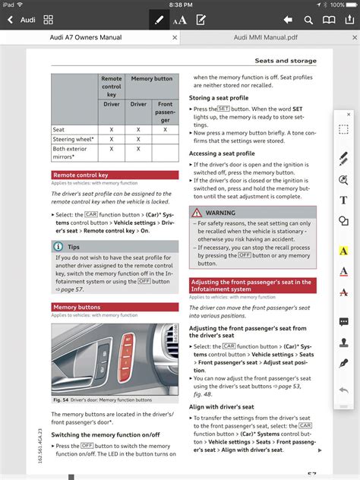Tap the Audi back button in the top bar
tap(21, 19)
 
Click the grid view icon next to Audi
tap(49, 19)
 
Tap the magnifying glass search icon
tap(308, 19)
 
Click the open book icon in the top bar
tap(329, 19)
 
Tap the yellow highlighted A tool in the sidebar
tap(343, 251)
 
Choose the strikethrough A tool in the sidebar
tap(343, 292)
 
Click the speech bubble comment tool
tap(343, 322)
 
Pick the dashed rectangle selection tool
tap(343, 130)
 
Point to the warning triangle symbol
tap(197, 213)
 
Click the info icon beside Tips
tap(58, 247)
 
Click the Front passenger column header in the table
tap(165, 111)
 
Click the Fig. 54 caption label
tap(60, 399)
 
